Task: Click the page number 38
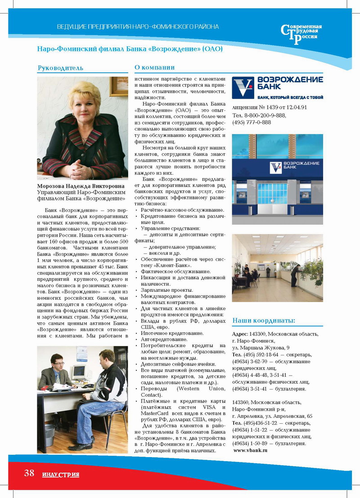[29, 473]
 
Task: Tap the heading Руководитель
[60, 68]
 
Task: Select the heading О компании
[155, 68]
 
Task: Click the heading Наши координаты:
[264, 321]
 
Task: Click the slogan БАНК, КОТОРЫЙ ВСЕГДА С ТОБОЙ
[291, 97]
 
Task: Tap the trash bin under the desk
[49, 434]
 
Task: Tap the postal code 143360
[243, 403]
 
